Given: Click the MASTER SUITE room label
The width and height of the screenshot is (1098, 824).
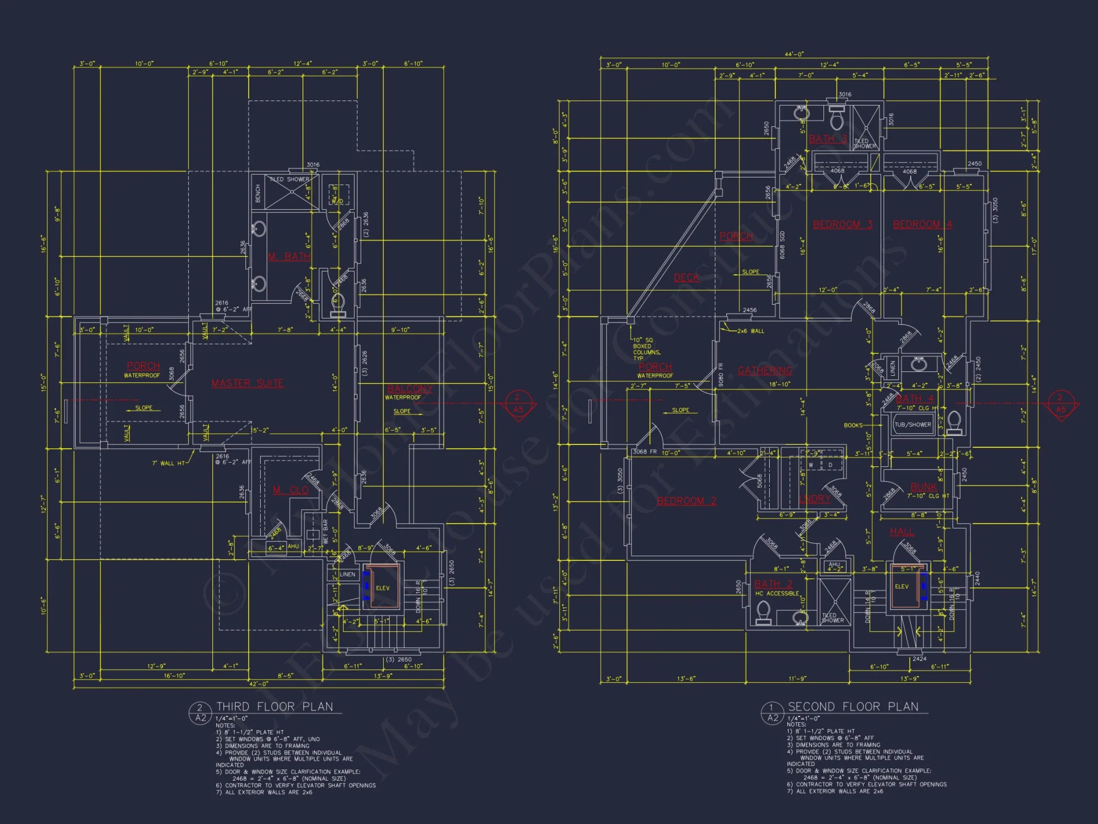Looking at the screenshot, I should click(x=247, y=383).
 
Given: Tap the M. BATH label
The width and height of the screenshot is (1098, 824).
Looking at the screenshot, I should click(x=289, y=257).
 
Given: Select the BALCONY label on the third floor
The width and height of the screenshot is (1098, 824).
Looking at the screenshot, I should click(x=410, y=388).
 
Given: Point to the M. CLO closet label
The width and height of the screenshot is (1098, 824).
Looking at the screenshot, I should click(x=290, y=489).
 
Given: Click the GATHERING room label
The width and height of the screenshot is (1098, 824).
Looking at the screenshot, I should click(x=765, y=370).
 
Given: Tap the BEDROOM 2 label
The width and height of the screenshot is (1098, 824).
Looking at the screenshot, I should click(x=686, y=500).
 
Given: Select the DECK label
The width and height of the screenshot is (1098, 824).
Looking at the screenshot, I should click(x=686, y=277).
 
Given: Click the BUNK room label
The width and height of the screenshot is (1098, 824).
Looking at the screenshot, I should click(x=923, y=487).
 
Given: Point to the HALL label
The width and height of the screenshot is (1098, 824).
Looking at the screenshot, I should click(x=902, y=532).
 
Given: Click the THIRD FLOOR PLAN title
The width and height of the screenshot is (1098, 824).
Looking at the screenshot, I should click(x=274, y=706).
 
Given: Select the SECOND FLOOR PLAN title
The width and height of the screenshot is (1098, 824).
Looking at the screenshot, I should click(x=853, y=706).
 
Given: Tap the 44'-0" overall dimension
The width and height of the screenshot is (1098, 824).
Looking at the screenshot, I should click(x=794, y=54).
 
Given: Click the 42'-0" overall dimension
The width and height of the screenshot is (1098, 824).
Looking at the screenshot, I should click(x=259, y=684).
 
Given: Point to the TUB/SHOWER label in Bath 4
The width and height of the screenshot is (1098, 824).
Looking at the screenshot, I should click(x=912, y=425).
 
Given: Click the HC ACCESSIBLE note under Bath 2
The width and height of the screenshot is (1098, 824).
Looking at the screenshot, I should click(x=777, y=593).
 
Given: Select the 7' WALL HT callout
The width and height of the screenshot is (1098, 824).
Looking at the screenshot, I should click(x=169, y=463).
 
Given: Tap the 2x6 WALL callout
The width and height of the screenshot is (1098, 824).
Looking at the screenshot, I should click(x=750, y=331).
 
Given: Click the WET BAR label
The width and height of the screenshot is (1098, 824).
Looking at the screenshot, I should click(x=326, y=531).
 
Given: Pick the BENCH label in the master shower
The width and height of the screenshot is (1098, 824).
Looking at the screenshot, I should click(x=258, y=193).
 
